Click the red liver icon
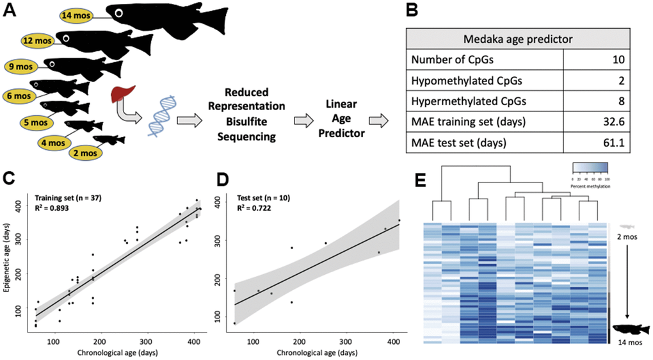pyautogui.click(x=120, y=97)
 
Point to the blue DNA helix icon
pyautogui.click(x=157, y=119)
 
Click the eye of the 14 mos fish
pyautogui.click(x=119, y=12)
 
